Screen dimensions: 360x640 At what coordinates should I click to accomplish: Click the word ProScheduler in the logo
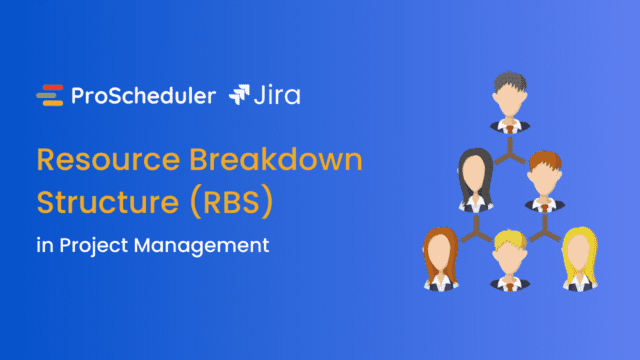point(143,96)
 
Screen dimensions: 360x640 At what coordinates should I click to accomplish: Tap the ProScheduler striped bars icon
point(49,96)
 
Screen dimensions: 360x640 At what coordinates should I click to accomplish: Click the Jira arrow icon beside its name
point(241,96)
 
